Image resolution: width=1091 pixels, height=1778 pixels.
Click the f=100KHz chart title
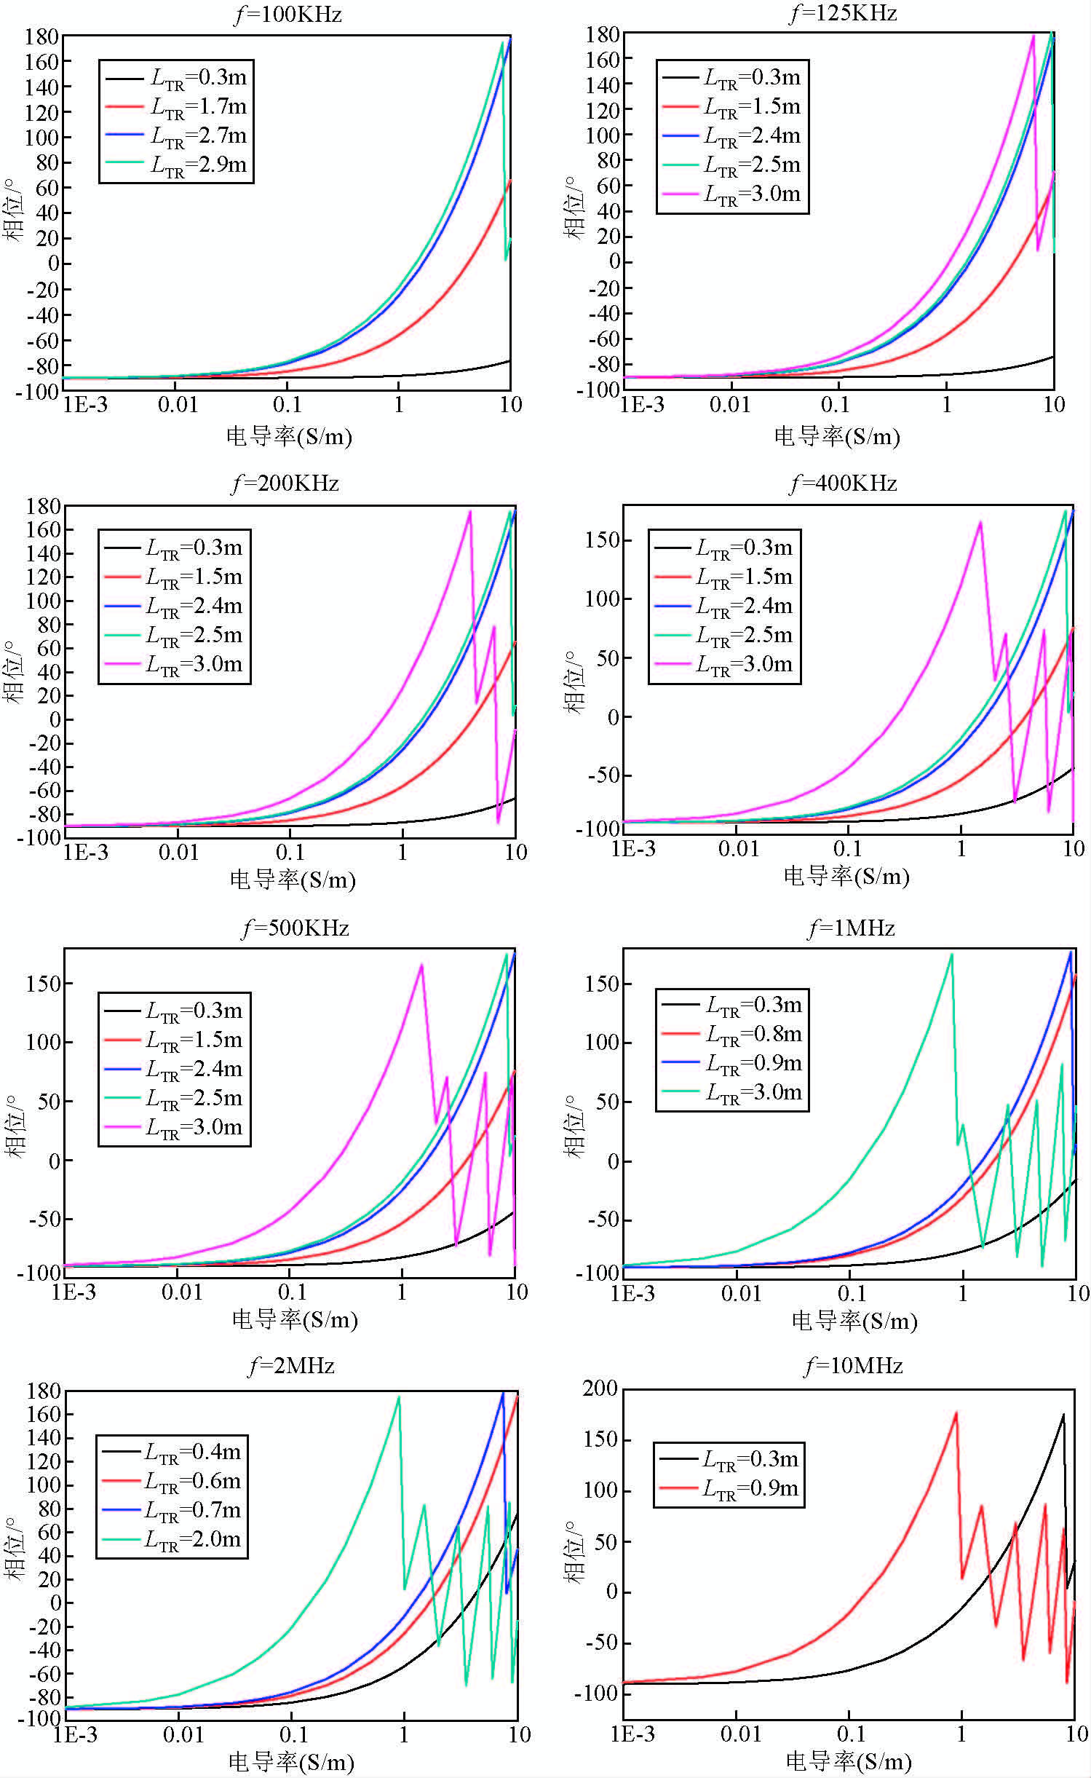tap(287, 15)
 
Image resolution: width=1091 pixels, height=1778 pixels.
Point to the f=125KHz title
tap(843, 14)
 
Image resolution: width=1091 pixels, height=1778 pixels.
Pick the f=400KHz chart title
tap(843, 483)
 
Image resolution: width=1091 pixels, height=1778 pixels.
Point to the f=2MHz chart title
tap(291, 1365)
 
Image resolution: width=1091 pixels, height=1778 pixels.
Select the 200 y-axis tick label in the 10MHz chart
tap(600, 1388)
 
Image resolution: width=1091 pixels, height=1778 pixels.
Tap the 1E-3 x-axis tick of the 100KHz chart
tap(85, 405)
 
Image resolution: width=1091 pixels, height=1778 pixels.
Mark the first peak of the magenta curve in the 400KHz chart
tap(980, 522)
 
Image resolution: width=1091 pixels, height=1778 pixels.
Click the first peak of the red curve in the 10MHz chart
tap(956, 1413)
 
